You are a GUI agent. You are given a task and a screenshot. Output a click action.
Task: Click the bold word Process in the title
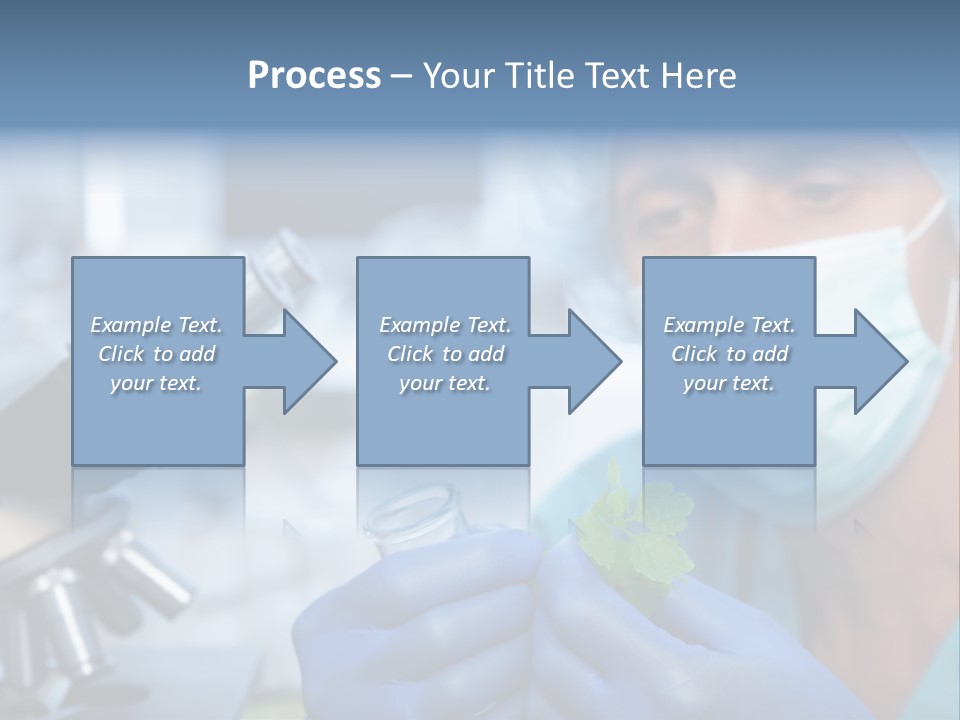(x=314, y=76)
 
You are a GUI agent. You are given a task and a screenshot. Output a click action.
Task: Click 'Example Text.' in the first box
(x=157, y=325)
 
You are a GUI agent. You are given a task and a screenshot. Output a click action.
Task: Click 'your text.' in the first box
(x=157, y=383)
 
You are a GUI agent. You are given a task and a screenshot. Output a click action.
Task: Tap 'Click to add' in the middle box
(x=445, y=354)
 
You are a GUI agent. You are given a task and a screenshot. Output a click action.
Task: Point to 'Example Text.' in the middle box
(x=445, y=325)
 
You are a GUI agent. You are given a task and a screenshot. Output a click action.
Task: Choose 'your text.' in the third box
(x=729, y=383)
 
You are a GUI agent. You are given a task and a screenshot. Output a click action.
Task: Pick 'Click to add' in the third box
(x=729, y=354)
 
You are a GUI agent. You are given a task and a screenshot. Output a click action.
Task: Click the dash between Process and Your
(x=402, y=76)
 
